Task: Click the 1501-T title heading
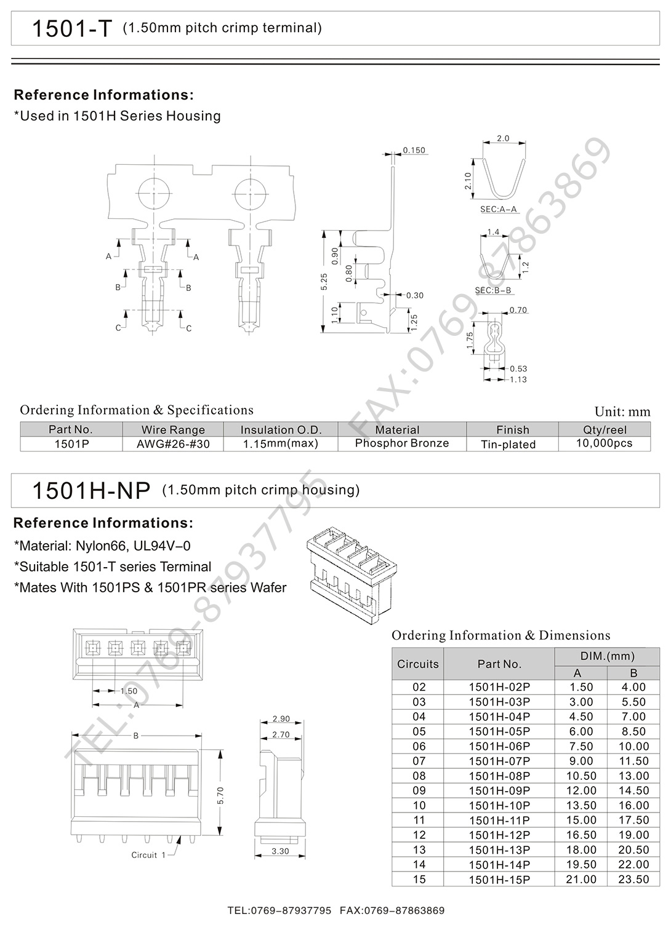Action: pyautogui.click(x=71, y=29)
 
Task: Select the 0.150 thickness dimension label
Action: pyautogui.click(x=414, y=150)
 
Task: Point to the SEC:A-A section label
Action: pyautogui.click(x=498, y=209)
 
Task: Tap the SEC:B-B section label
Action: pyautogui.click(x=493, y=290)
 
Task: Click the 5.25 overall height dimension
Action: pyautogui.click(x=324, y=282)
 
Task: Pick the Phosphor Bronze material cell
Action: pyautogui.click(x=401, y=443)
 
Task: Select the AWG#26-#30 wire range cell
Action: pyautogui.click(x=173, y=444)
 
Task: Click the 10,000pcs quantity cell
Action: pyautogui.click(x=603, y=443)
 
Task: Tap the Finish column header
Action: pyautogui.click(x=512, y=429)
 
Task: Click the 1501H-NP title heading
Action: pyautogui.click(x=90, y=491)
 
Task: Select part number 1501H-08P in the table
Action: pyautogui.click(x=499, y=776)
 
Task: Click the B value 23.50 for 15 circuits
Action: pyautogui.click(x=633, y=880)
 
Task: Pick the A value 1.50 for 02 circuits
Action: pyautogui.click(x=581, y=687)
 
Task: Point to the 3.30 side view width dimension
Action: pyautogui.click(x=280, y=851)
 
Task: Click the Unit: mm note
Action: pyautogui.click(x=622, y=412)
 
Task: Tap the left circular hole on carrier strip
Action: pyautogui.click(x=152, y=194)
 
